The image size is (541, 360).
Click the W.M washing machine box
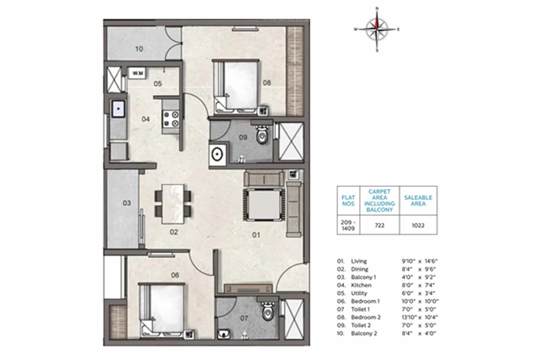click(x=137, y=73)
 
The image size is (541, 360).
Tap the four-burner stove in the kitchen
click(x=171, y=118)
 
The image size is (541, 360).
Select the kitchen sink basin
click(x=118, y=109)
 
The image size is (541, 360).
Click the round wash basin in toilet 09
click(x=217, y=154)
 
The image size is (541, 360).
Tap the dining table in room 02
click(x=173, y=204)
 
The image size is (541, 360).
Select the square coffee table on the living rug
click(x=265, y=204)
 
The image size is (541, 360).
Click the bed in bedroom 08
click(x=236, y=87)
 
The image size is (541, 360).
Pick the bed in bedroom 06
click(x=162, y=310)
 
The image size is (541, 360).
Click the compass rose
click(x=377, y=30)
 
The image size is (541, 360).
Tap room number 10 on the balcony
click(x=139, y=49)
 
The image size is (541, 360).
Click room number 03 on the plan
click(x=126, y=203)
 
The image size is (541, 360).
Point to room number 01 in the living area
click(x=256, y=235)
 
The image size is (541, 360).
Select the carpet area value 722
click(x=379, y=226)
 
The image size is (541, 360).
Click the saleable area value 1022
click(x=418, y=226)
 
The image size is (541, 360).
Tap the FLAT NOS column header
click(x=348, y=201)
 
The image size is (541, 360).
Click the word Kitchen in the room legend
click(x=361, y=285)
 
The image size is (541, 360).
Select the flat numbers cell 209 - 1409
click(x=348, y=226)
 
